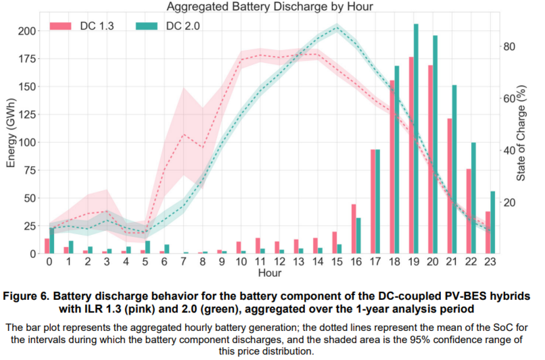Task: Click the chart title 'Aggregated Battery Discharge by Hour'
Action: click(x=270, y=7)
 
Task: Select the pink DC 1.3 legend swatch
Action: click(x=60, y=26)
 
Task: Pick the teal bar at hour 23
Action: click(x=493, y=222)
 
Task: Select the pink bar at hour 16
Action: click(x=353, y=229)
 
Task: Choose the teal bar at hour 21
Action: click(x=454, y=169)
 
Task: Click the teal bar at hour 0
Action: click(x=52, y=241)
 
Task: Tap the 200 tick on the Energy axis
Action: click(x=29, y=31)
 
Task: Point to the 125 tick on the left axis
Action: click(x=29, y=115)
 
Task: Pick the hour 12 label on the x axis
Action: click(x=279, y=262)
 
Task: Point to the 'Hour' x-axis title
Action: click(x=270, y=273)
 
